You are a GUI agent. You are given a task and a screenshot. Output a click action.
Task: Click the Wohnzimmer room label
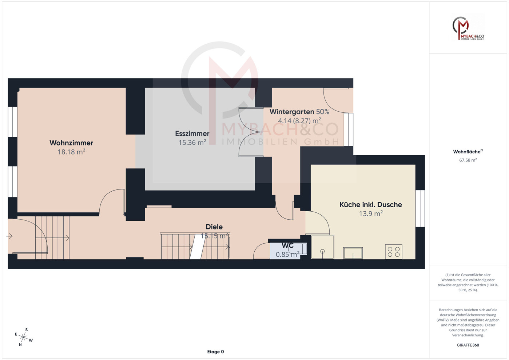(71, 143)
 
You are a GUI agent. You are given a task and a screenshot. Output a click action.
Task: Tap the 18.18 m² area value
(71, 152)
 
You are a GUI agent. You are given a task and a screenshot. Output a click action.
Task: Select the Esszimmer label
(192, 133)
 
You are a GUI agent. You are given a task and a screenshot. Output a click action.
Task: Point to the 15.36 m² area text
(192, 143)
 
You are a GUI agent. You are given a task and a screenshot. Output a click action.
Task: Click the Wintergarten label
(292, 112)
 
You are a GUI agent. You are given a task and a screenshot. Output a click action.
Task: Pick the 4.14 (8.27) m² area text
(299, 121)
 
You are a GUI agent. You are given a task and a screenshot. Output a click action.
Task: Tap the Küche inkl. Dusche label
(371, 205)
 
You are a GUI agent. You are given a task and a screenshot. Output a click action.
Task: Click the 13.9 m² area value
(371, 213)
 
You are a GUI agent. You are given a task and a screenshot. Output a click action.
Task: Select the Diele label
(214, 227)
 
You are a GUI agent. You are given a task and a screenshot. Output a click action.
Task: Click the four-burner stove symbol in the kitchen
(394, 252)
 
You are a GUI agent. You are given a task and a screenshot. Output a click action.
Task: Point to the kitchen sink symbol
(353, 253)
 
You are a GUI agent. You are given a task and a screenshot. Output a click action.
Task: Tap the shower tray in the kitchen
(322, 247)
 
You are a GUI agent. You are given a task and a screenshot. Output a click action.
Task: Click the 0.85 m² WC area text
(287, 255)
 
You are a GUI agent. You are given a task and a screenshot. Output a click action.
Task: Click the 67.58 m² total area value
(468, 160)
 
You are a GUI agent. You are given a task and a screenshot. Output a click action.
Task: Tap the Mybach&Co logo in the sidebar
(468, 28)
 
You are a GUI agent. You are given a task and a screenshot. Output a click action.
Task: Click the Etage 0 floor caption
(215, 352)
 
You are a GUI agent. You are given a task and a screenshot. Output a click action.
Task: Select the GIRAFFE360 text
(468, 345)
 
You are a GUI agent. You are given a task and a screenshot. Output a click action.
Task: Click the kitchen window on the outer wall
(420, 208)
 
